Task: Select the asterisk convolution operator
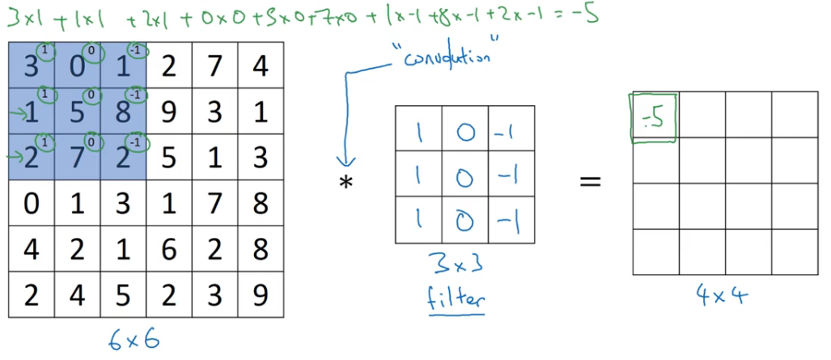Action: (x=346, y=183)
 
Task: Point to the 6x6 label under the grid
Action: (x=134, y=338)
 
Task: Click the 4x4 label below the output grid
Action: (x=722, y=295)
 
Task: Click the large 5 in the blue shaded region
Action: (x=76, y=111)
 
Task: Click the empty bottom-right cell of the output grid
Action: (x=795, y=252)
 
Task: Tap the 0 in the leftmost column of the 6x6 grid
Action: (x=31, y=201)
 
